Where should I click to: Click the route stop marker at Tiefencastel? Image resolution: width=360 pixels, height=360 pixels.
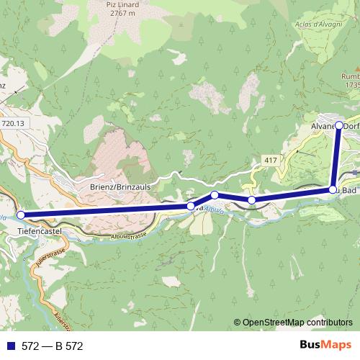(x=21, y=215)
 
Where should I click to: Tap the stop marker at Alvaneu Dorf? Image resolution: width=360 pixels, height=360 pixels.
(x=340, y=125)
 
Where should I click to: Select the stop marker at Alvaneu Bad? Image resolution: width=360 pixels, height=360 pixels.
(x=333, y=190)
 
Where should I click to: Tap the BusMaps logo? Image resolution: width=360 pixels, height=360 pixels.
(x=322, y=346)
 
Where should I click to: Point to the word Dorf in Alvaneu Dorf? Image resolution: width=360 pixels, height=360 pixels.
(x=351, y=125)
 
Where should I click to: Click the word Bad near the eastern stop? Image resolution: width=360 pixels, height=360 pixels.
(x=348, y=190)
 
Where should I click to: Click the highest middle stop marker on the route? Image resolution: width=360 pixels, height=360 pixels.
(x=215, y=195)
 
